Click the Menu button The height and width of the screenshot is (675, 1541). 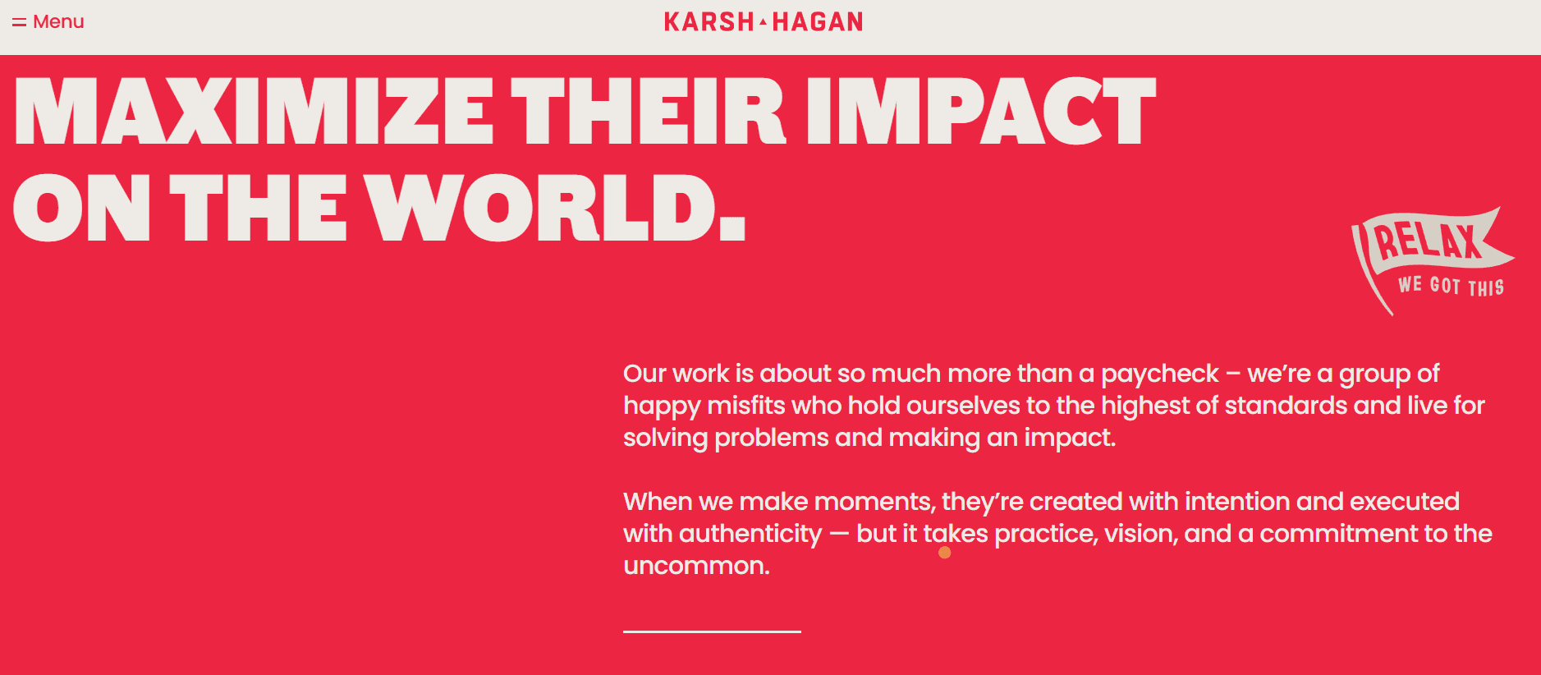pyautogui.click(x=48, y=22)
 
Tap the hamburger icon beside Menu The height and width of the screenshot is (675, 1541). pyautogui.click(x=19, y=22)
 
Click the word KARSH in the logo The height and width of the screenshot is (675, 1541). pyautogui.click(x=709, y=22)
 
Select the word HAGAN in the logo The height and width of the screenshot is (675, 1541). pyautogui.click(x=818, y=22)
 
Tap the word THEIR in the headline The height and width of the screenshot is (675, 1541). pyautogui.click(x=649, y=112)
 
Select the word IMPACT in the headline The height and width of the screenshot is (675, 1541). pyautogui.click(x=981, y=112)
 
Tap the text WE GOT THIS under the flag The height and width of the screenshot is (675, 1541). pyautogui.click(x=1452, y=286)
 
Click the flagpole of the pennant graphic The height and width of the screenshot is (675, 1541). pyautogui.click(x=1371, y=271)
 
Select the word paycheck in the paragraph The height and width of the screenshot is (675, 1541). pyautogui.click(x=1159, y=374)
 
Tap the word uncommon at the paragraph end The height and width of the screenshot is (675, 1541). pyautogui.click(x=696, y=566)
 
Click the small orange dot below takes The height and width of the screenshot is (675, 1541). pyautogui.click(x=945, y=553)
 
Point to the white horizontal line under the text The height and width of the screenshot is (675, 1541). pyautogui.click(x=712, y=631)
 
